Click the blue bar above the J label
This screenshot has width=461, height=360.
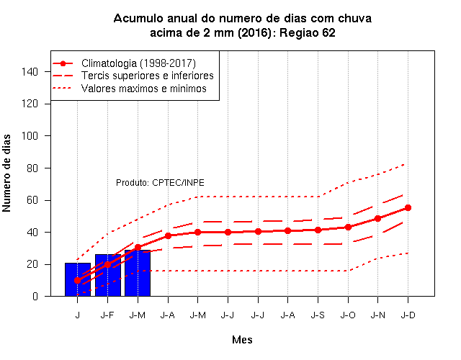78,279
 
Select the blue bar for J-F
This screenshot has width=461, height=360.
108,275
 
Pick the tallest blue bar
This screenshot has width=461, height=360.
138,274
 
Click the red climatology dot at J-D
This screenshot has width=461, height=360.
408,208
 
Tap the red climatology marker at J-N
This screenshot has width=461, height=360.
377,219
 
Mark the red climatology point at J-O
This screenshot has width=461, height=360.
348,228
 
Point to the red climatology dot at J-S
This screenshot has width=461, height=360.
318,230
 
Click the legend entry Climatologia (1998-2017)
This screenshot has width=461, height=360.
138,63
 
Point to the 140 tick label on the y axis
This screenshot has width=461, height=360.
30,72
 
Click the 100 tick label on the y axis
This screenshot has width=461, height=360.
30,136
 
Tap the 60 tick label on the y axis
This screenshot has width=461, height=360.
32,200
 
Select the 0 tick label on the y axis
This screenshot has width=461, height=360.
35,296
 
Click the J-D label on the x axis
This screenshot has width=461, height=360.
408,315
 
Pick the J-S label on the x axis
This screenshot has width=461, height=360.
318,315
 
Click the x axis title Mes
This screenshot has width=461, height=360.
242,340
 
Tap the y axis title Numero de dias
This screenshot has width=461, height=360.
6,173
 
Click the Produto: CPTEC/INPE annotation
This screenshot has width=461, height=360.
160,183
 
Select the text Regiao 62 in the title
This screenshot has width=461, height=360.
308,32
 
